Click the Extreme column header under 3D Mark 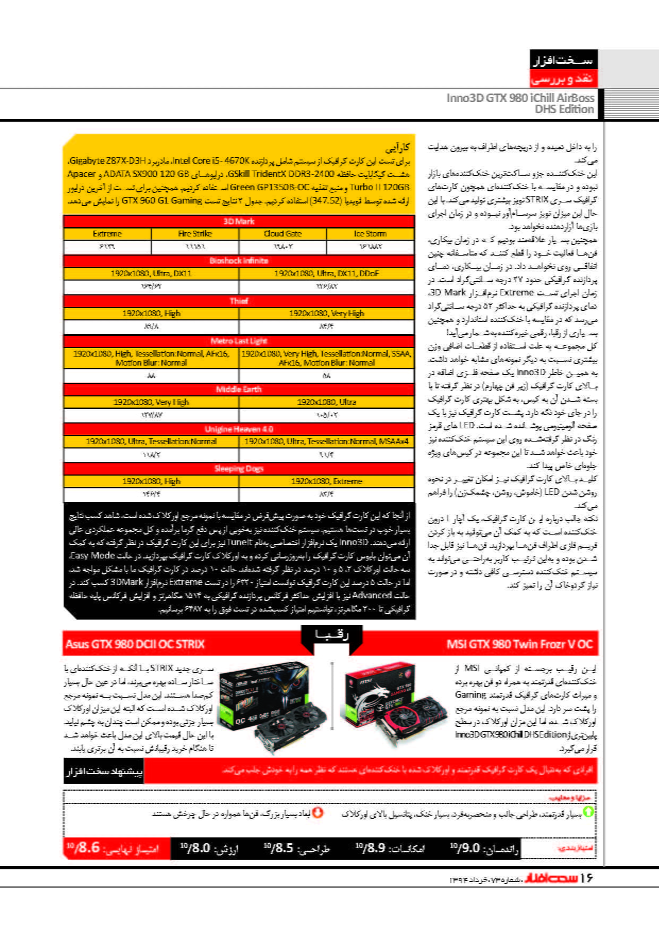click(x=107, y=234)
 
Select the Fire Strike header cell click(x=195, y=234)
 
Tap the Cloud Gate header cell click(x=283, y=234)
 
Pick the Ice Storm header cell click(x=370, y=234)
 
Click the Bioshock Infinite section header click(x=238, y=261)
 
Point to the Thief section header click(x=238, y=301)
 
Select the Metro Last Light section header click(x=238, y=341)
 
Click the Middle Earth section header click(x=238, y=389)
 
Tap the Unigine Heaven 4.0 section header click(x=238, y=429)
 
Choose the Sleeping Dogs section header click(x=238, y=469)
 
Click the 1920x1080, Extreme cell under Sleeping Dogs click(x=327, y=481)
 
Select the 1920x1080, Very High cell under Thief click(x=327, y=314)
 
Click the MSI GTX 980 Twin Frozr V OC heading click(x=519, y=645)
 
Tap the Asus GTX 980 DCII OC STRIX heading click(x=135, y=645)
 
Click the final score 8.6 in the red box click(x=85, y=848)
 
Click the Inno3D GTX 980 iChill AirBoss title click(x=520, y=103)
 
